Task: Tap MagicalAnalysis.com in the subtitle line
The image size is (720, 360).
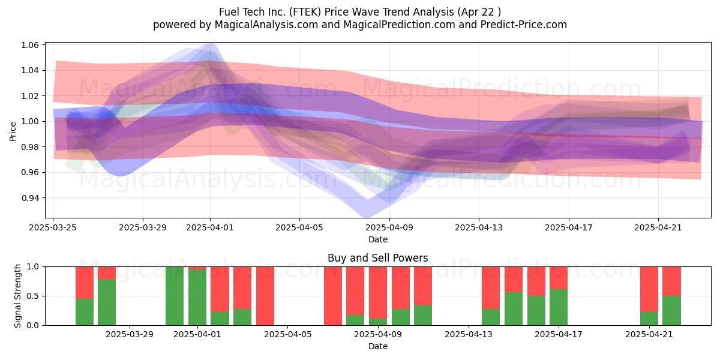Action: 266,25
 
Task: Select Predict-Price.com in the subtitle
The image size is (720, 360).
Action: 524,25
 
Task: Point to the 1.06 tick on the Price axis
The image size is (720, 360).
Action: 29,45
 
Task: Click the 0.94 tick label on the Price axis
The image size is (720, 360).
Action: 29,198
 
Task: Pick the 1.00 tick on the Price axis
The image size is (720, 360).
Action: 29,121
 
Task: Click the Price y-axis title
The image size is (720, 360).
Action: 13,131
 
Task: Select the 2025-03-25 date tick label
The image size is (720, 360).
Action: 53,227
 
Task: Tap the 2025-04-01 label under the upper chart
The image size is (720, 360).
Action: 210,227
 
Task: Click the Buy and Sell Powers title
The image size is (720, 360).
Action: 377,258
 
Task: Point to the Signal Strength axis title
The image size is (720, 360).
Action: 17,296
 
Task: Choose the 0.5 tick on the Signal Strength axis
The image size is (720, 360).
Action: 33,296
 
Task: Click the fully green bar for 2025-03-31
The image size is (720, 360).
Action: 175,296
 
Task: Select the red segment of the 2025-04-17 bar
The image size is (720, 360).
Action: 559,278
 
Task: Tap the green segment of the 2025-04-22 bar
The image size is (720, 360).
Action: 672,311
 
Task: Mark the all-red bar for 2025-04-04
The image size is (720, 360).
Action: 265,296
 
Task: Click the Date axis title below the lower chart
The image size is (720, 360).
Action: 377,346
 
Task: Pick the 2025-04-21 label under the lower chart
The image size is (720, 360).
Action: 649,335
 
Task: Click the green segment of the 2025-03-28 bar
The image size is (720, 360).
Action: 107,302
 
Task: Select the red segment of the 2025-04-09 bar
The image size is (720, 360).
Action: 378,293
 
